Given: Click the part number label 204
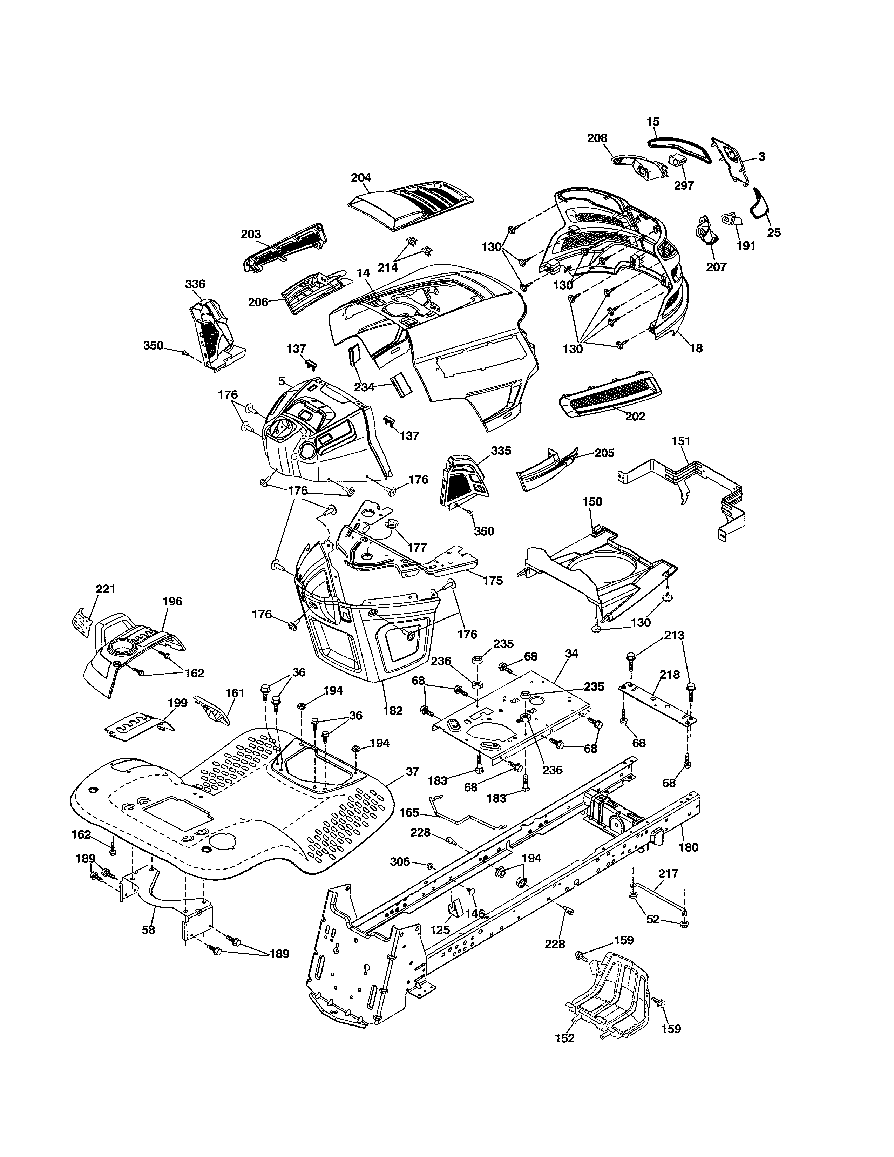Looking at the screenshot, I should [x=361, y=177].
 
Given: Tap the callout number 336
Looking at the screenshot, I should [x=195, y=284].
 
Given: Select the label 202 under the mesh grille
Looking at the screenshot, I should [x=635, y=417].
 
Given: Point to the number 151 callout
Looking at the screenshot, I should [x=681, y=441].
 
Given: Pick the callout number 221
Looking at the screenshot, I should [x=106, y=589].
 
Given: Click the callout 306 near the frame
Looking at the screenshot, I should [x=400, y=862].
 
